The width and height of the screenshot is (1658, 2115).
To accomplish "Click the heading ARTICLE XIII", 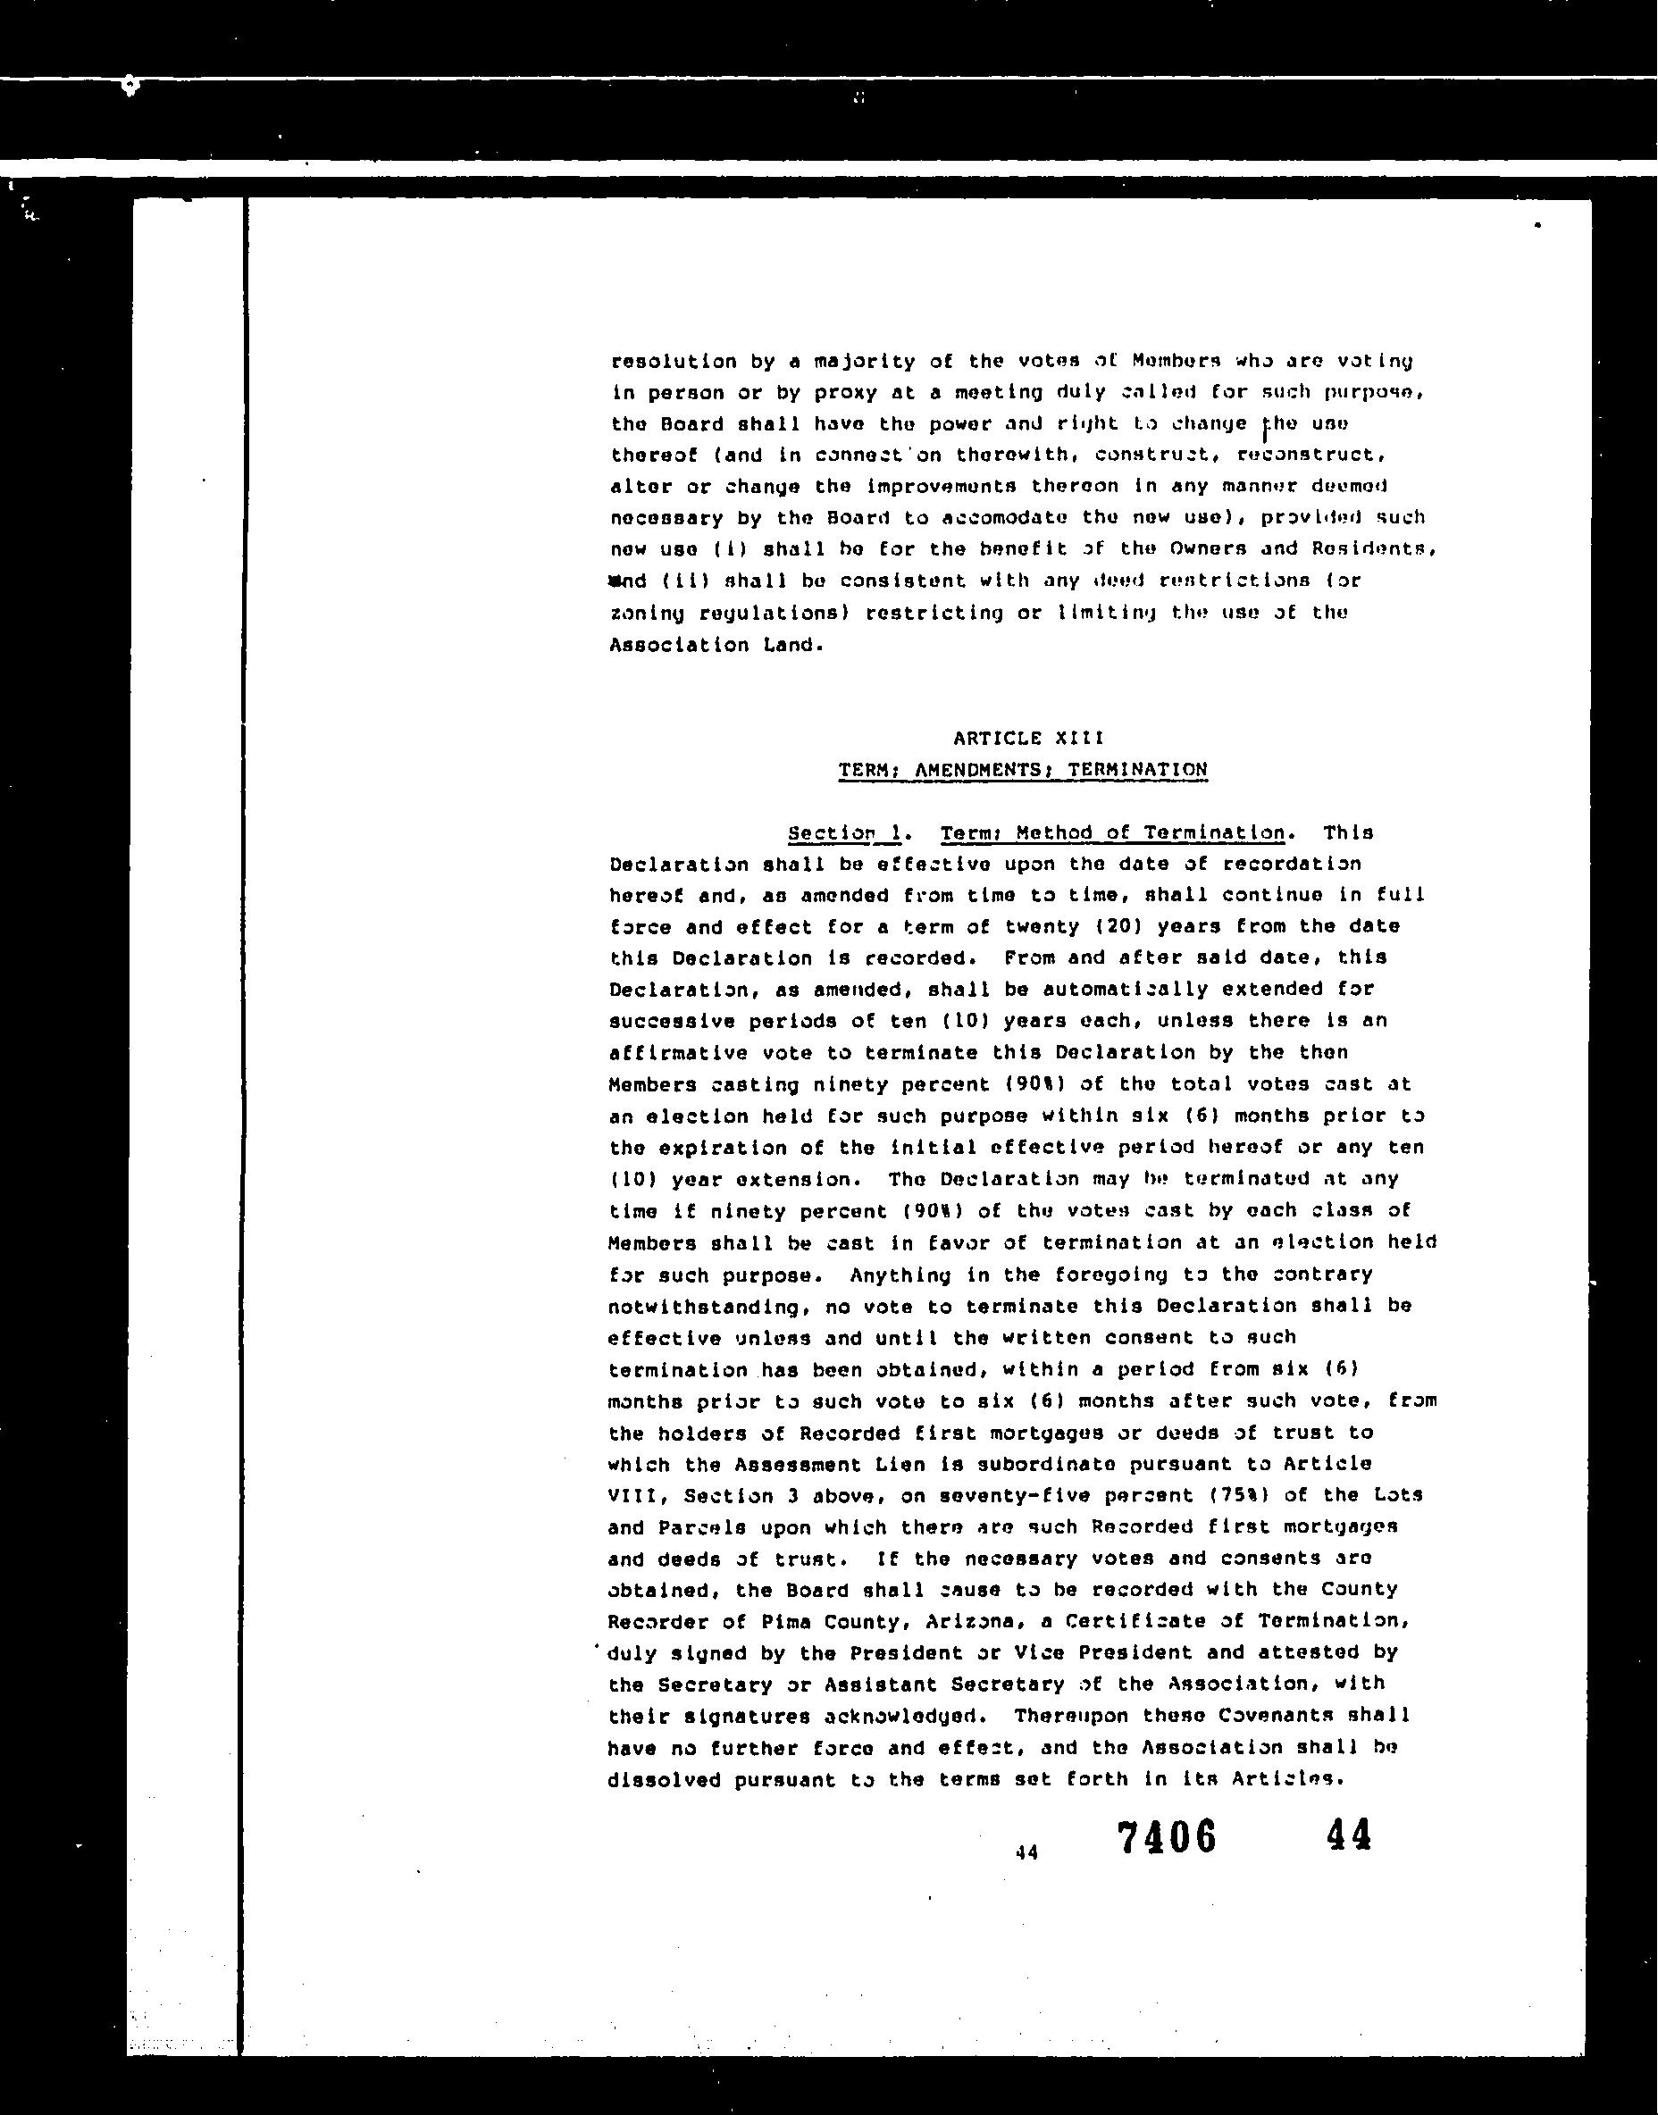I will [1028, 739].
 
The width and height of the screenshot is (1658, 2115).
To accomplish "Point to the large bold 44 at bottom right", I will [1347, 1835].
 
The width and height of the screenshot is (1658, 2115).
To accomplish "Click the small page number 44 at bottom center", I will [1026, 1852].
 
